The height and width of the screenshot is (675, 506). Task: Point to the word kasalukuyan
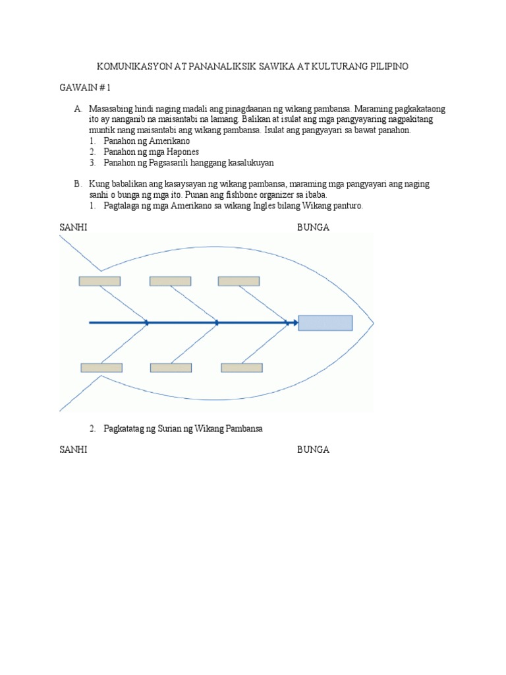pos(248,162)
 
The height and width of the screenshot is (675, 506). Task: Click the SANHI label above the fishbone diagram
pos(73,227)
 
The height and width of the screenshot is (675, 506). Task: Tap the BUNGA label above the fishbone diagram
pos(313,227)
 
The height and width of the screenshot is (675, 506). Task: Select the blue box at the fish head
pos(325,323)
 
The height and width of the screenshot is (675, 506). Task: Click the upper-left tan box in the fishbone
pos(99,281)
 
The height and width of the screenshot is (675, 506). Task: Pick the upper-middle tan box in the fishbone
pos(170,281)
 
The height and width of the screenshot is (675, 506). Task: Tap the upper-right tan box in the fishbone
pos(239,281)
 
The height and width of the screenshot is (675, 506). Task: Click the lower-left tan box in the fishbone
pos(101,368)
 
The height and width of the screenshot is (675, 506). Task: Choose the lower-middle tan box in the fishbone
pos(171,368)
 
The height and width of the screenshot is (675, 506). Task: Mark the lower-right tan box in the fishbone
pos(241,368)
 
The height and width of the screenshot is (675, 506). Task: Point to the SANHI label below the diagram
pos(73,450)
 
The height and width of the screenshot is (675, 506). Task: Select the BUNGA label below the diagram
pos(313,450)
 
